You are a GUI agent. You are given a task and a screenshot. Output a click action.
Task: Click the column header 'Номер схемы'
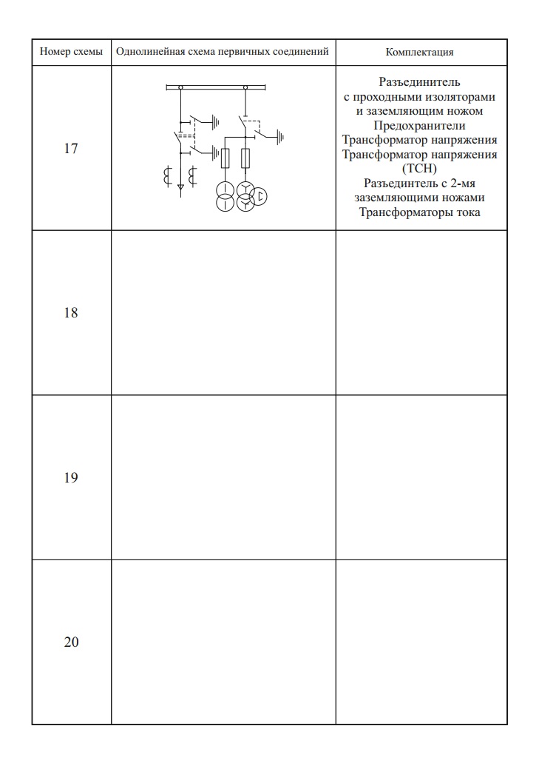click(71, 53)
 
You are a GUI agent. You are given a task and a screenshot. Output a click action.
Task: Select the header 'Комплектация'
click(420, 53)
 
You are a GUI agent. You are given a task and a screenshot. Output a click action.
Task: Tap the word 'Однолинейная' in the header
click(147, 53)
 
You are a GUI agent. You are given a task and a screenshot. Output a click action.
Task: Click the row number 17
click(71, 148)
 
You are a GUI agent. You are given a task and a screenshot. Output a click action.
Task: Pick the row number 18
click(71, 312)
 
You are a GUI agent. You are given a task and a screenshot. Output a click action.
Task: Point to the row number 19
click(71, 477)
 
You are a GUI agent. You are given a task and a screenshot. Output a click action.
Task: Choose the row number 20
click(71, 642)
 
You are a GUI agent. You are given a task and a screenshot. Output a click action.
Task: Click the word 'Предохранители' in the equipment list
click(420, 126)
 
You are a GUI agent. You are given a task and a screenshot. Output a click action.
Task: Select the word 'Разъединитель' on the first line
click(420, 82)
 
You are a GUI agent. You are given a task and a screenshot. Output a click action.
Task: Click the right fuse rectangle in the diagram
click(245, 158)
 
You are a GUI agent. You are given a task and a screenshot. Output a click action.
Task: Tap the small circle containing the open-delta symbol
click(260, 196)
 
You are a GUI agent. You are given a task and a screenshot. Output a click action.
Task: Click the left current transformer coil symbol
click(167, 176)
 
